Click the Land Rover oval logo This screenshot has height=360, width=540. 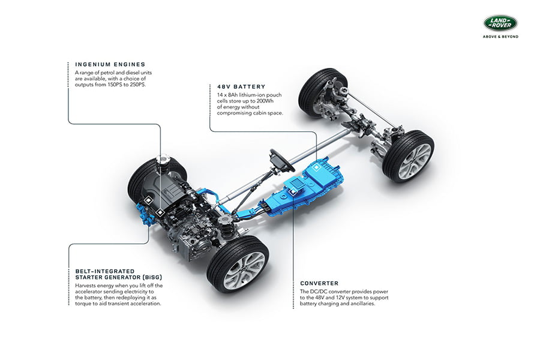pyautogui.click(x=500, y=23)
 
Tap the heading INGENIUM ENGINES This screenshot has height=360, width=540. pyautogui.click(x=110, y=64)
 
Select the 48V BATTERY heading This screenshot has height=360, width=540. pyautogui.click(x=241, y=87)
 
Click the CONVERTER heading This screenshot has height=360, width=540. pyautogui.click(x=319, y=283)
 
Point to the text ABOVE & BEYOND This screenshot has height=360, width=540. pyautogui.click(x=500, y=37)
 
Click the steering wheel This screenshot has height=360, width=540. pyautogui.click(x=282, y=161)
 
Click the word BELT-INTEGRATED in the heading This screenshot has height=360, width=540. pyautogui.click(x=104, y=271)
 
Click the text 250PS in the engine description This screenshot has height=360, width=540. pyautogui.click(x=137, y=85)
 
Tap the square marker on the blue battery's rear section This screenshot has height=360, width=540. pyautogui.click(x=316, y=167)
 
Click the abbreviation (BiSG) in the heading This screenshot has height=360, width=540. pyautogui.click(x=152, y=277)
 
